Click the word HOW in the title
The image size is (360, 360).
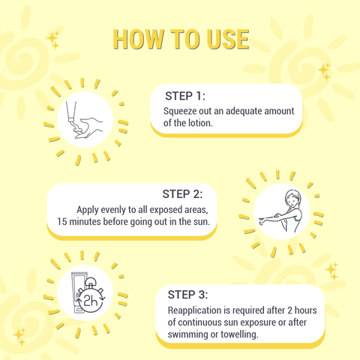(x=137, y=39)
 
